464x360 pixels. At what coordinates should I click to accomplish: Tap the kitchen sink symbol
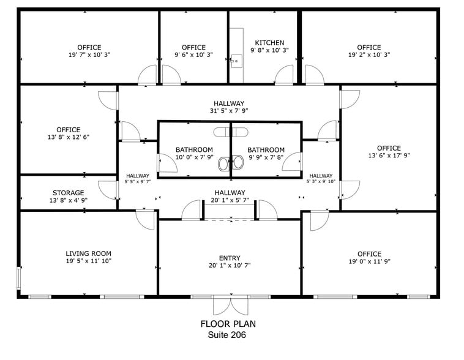(237, 59)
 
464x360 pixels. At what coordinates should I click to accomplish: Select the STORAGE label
(68, 193)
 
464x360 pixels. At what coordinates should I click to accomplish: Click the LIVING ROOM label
(88, 253)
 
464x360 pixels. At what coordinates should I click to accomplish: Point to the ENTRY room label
(229, 258)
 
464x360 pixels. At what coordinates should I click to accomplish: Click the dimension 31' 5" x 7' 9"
(229, 111)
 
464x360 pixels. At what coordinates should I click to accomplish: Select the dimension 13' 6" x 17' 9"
(389, 156)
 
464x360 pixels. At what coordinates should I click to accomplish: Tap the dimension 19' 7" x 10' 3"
(89, 54)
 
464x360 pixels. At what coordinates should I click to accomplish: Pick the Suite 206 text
(228, 335)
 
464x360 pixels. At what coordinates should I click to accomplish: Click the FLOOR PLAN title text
(228, 324)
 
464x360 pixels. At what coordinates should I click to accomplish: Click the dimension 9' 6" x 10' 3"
(193, 54)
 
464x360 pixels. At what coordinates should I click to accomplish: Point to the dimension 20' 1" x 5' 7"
(229, 200)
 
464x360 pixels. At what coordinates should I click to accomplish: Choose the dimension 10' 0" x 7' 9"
(194, 157)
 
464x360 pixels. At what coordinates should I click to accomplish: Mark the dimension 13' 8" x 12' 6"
(68, 137)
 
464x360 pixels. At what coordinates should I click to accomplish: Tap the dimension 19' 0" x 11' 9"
(369, 261)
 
